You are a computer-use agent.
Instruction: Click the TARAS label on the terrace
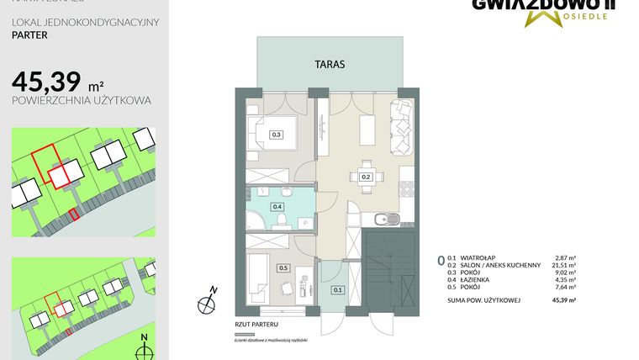click(x=330, y=63)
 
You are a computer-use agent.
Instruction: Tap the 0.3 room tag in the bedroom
click(x=276, y=134)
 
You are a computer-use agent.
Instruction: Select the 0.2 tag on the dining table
click(x=366, y=177)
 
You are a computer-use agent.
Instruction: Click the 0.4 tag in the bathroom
click(x=277, y=206)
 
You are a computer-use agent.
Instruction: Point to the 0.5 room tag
click(x=283, y=268)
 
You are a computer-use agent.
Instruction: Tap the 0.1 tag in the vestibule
click(x=338, y=290)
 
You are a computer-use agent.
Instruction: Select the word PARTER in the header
click(x=29, y=36)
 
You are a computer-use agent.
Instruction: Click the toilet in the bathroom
click(x=283, y=221)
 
